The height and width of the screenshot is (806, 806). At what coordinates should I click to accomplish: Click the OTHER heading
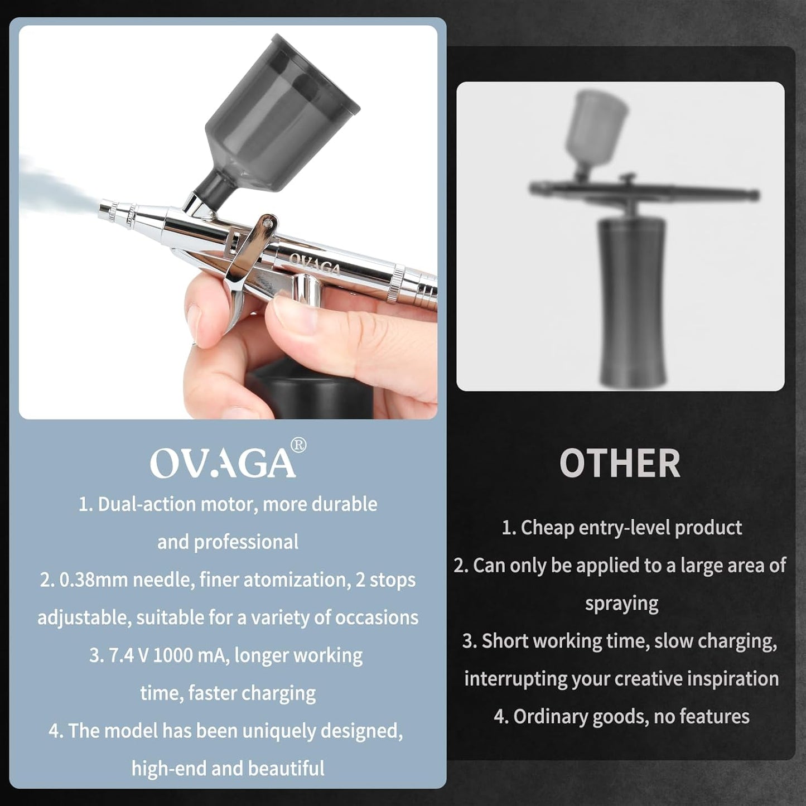pos(620,464)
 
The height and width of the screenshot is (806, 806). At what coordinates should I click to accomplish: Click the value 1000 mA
pos(190,655)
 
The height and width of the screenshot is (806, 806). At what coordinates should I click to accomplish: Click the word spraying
pos(621,604)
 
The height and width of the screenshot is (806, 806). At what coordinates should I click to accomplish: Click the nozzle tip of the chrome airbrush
pos(105,210)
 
